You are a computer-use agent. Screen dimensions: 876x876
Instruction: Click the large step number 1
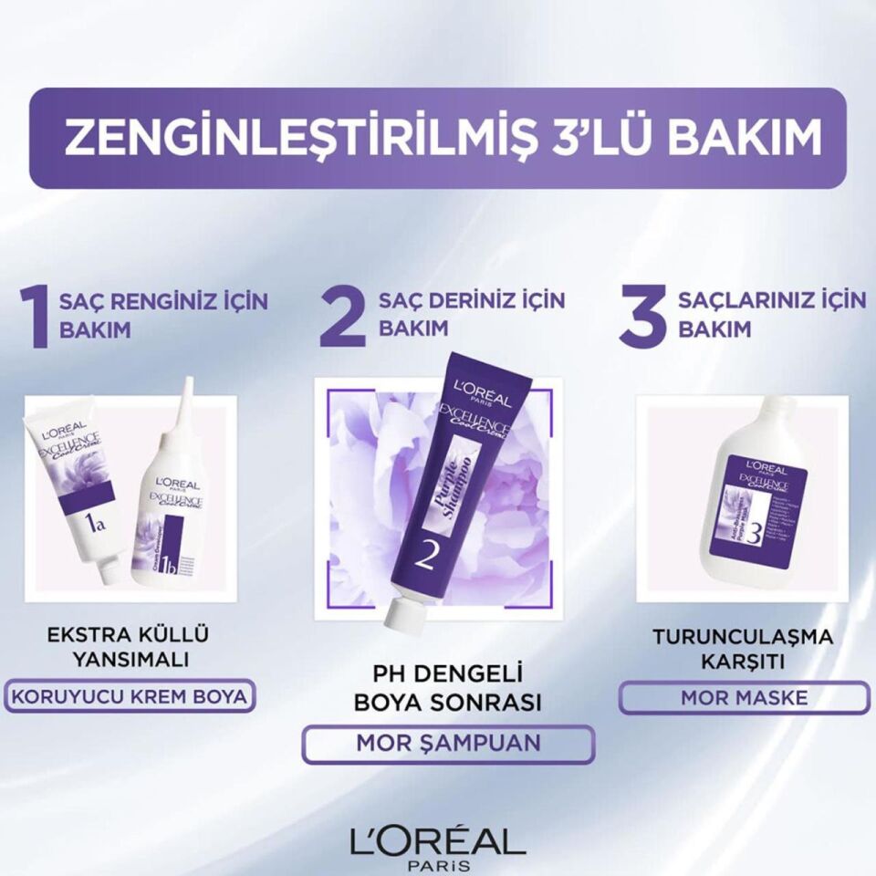point(36,317)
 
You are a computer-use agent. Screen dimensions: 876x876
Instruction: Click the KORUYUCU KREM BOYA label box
point(129,698)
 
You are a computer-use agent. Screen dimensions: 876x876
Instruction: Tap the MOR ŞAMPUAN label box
point(448,744)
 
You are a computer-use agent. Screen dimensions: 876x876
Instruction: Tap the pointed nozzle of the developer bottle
point(189,401)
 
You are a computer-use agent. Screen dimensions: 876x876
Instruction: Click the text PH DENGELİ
point(448,675)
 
